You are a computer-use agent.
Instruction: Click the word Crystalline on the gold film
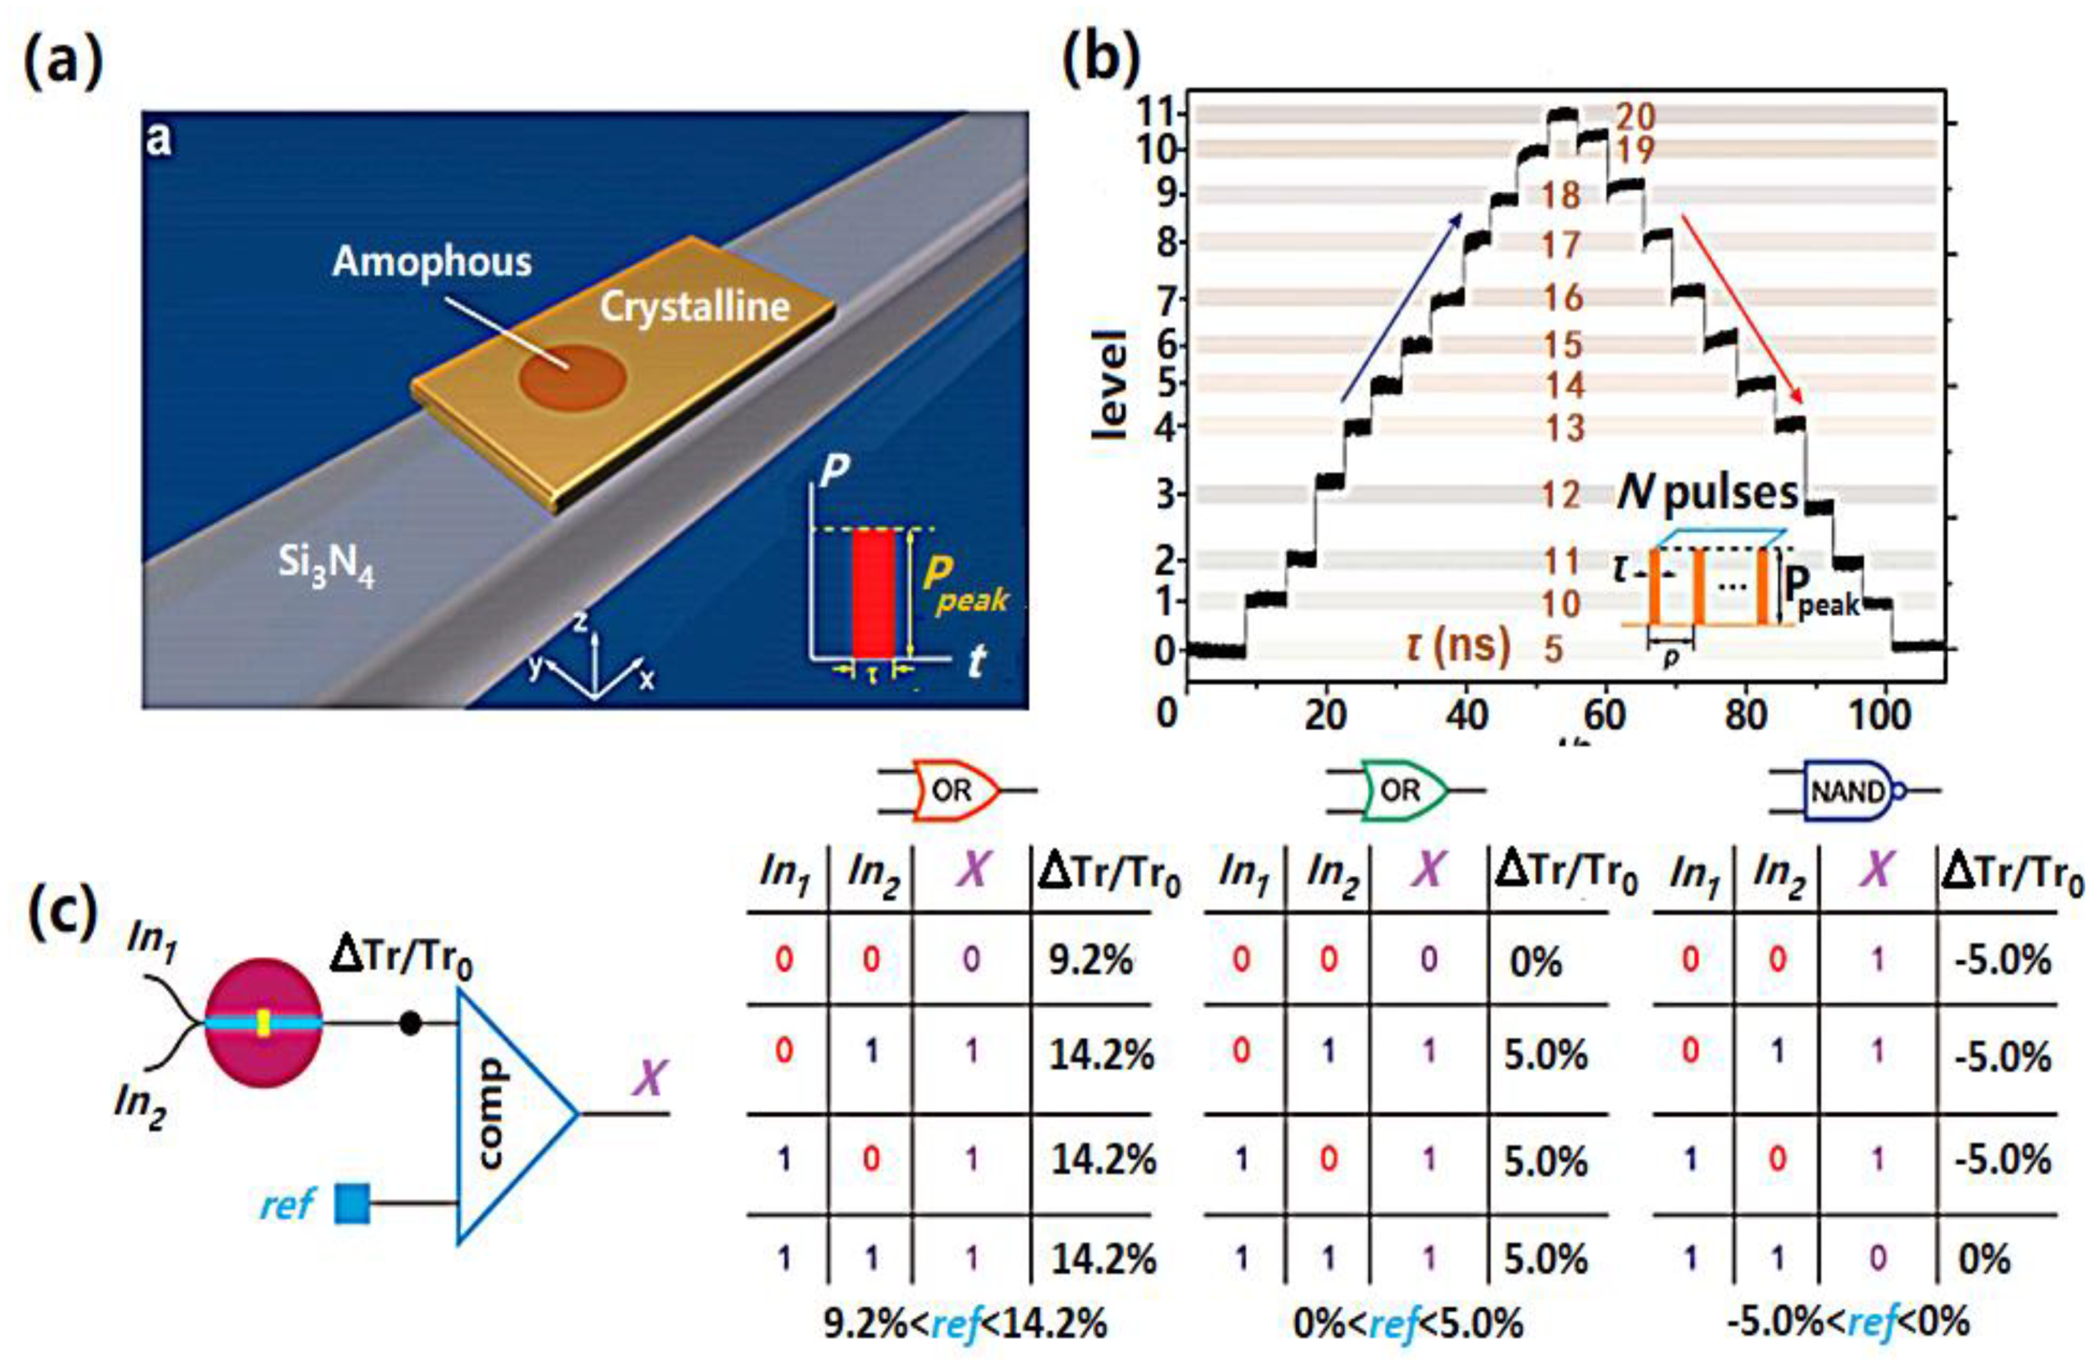point(695,307)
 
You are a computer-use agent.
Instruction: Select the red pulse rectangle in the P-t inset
point(874,593)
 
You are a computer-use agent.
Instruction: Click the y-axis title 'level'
point(1110,385)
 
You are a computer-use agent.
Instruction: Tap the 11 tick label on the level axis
point(1161,114)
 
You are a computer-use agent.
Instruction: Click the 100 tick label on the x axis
point(1879,714)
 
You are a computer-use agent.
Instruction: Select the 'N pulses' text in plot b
point(1707,493)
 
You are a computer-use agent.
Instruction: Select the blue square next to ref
point(353,1204)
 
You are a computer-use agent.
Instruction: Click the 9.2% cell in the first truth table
point(1090,960)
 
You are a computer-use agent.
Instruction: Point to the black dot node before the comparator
point(410,1023)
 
